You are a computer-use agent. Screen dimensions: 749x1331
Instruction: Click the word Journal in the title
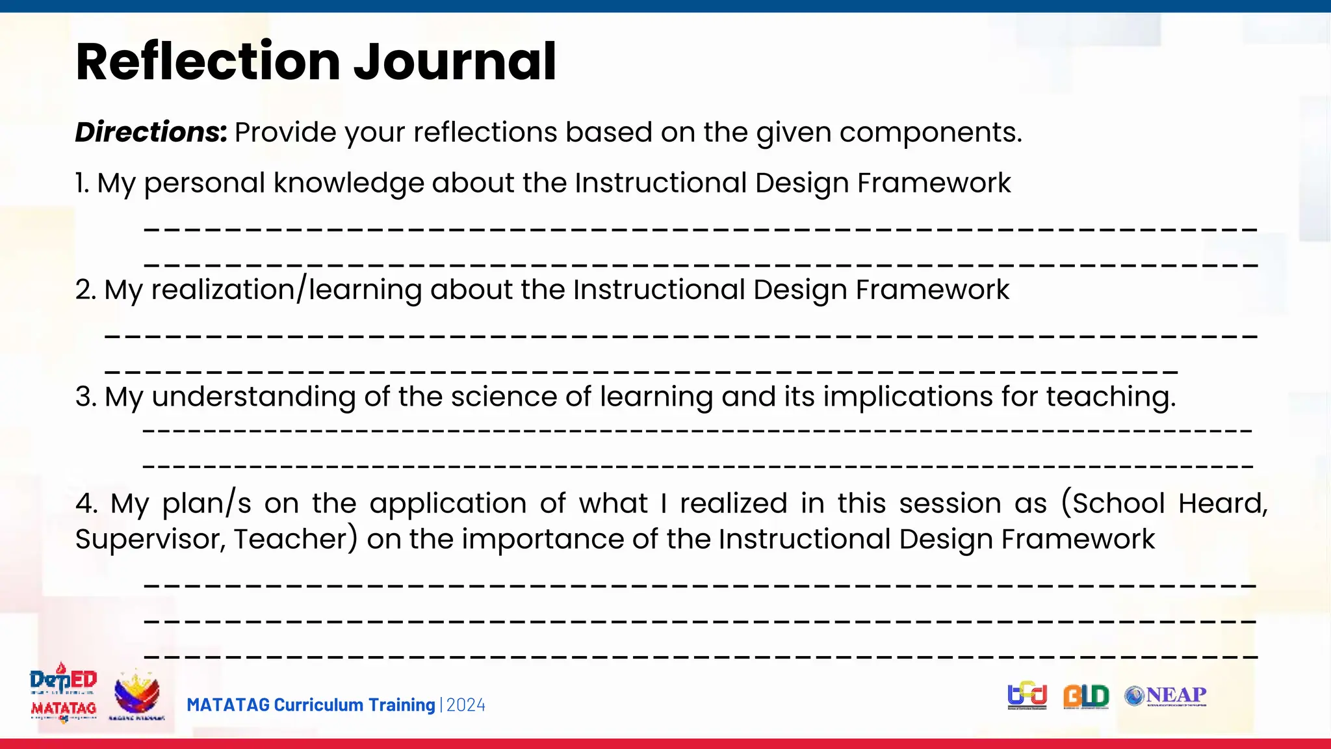pyautogui.click(x=454, y=62)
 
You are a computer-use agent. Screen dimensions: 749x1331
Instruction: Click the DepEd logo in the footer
pyautogui.click(x=64, y=680)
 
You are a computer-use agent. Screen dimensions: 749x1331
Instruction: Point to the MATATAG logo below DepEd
pyautogui.click(x=64, y=709)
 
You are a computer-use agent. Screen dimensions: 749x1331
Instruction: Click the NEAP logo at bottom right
pyautogui.click(x=1166, y=696)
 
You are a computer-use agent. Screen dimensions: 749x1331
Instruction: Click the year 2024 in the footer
pyautogui.click(x=466, y=705)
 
